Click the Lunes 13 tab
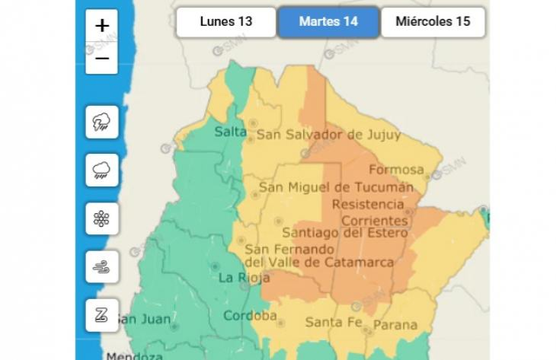pyautogui.click(x=225, y=21)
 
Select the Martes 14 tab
pyautogui.click(x=328, y=21)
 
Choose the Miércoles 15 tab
pyautogui.click(x=433, y=21)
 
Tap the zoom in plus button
pyautogui.click(x=102, y=26)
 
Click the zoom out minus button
pyautogui.click(x=102, y=58)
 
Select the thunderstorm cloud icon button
pyautogui.click(x=101, y=123)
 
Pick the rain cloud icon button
pyautogui.click(x=101, y=170)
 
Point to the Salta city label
pyautogui.click(x=230, y=132)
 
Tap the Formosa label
pyautogui.click(x=396, y=169)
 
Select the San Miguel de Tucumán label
pyautogui.click(x=336, y=186)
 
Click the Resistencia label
pyautogui.click(x=368, y=204)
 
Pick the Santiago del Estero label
pyautogui.click(x=344, y=233)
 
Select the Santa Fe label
pyautogui.click(x=333, y=323)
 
